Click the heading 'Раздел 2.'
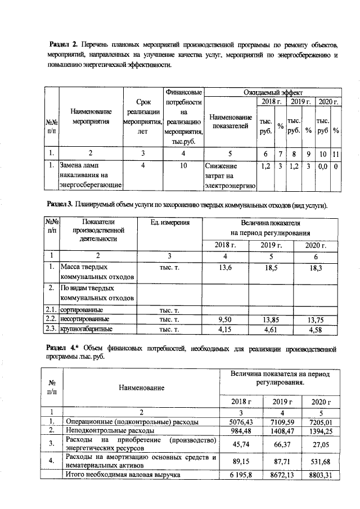tap(64, 44)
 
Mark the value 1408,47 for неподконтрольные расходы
tap(283, 431)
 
